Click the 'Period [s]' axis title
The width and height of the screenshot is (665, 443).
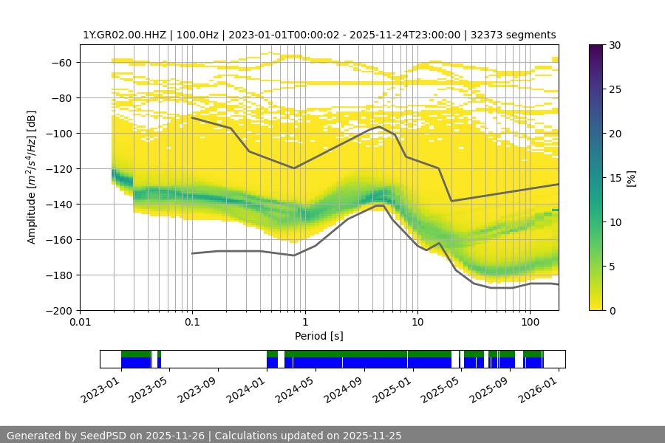(318, 337)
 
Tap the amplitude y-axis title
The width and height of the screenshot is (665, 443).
(31, 177)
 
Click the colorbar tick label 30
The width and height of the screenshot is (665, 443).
(615, 45)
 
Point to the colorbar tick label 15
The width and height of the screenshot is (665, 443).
(615, 178)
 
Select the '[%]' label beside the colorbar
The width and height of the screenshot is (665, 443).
(631, 178)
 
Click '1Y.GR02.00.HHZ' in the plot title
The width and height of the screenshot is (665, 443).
(120, 35)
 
